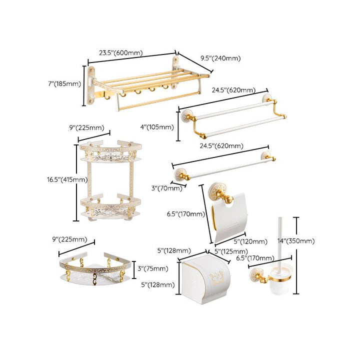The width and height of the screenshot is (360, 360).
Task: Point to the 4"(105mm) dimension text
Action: tap(157, 126)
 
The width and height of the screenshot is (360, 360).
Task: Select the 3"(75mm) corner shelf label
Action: tap(152, 268)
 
